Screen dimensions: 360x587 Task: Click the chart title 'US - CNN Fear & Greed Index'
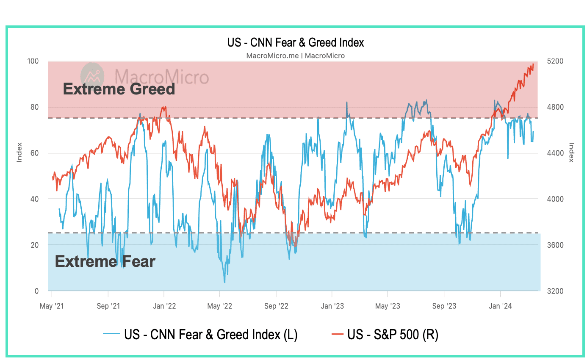pyautogui.click(x=295, y=42)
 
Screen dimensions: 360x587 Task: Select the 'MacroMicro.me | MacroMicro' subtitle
pyautogui.click(x=295, y=55)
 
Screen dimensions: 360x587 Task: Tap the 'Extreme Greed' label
pyautogui.click(x=119, y=89)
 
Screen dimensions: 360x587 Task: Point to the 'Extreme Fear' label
pyautogui.click(x=105, y=261)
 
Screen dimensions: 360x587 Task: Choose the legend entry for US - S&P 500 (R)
pyautogui.click(x=385, y=335)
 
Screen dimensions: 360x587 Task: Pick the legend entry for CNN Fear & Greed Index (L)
pyautogui.click(x=200, y=335)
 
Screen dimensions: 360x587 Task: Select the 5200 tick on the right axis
pyautogui.click(x=555, y=61)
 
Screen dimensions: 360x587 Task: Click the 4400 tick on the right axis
pyautogui.click(x=555, y=153)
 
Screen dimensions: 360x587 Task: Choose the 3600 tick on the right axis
pyautogui.click(x=555, y=245)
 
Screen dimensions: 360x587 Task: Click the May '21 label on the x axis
pyautogui.click(x=51, y=306)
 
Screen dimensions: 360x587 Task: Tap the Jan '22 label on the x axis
pyautogui.click(x=164, y=306)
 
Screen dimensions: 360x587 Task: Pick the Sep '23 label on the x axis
pyautogui.click(x=444, y=306)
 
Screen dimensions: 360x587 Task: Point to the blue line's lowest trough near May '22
pyautogui.click(x=224, y=282)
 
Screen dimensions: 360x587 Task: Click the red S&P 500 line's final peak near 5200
pyautogui.click(x=533, y=64)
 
